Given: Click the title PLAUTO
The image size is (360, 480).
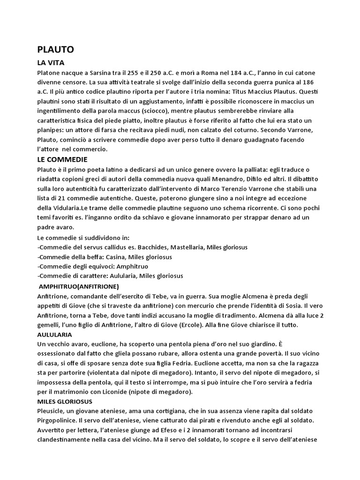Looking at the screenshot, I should pos(55,49).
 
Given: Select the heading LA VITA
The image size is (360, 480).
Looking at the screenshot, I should pos(51,62).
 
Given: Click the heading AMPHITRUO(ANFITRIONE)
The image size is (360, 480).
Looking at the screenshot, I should pos(79,286).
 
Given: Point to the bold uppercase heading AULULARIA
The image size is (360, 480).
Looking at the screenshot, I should pos(54,335).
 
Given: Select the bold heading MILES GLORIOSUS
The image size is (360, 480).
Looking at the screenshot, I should pos(64,402).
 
